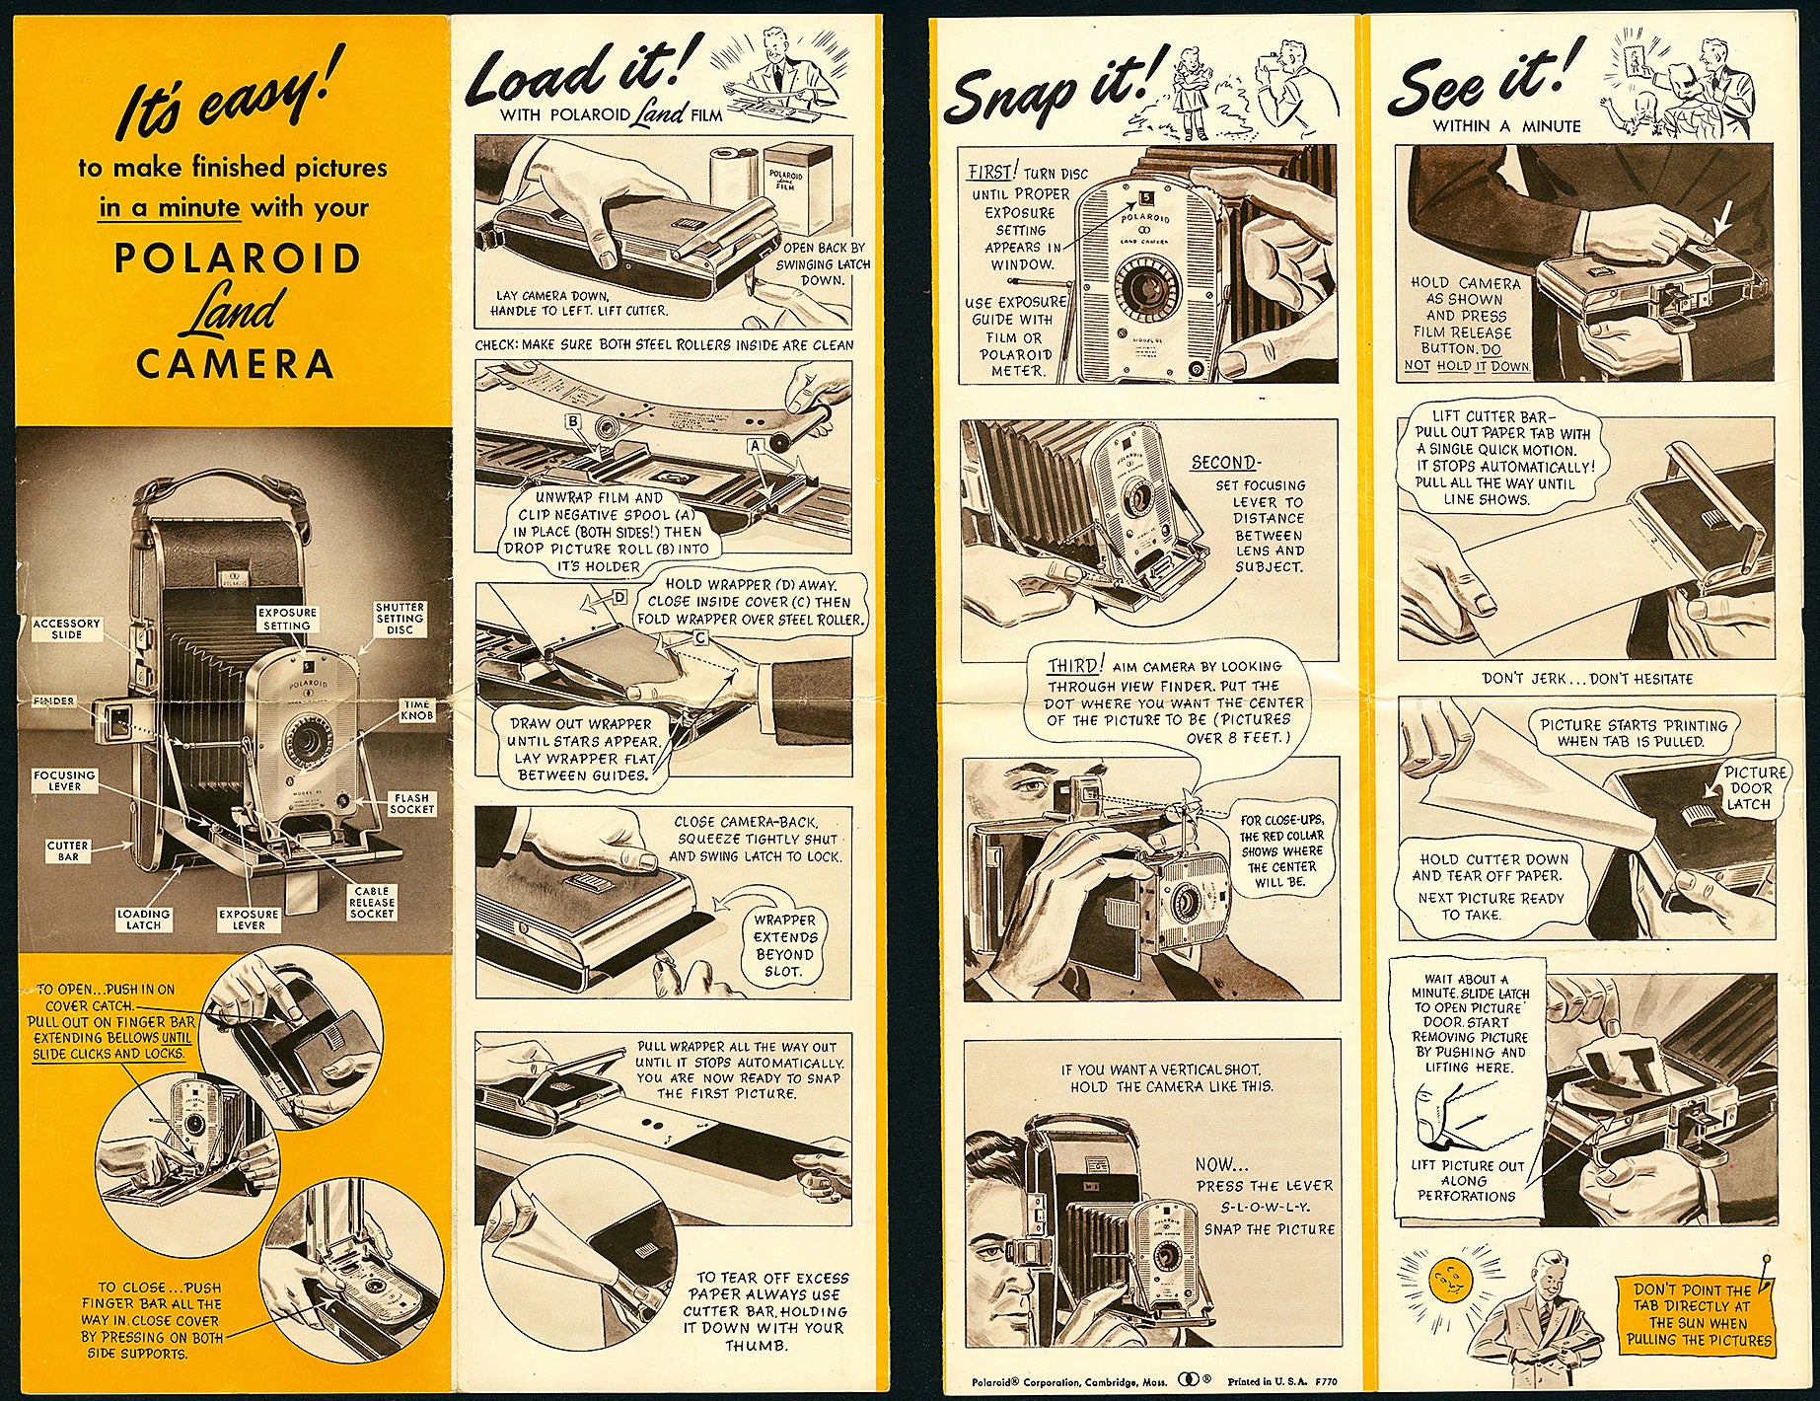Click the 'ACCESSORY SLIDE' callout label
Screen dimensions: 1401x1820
pyautogui.click(x=66, y=629)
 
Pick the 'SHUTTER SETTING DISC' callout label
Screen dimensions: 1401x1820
pyautogui.click(x=400, y=619)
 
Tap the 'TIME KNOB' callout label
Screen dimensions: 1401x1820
pyautogui.click(x=416, y=709)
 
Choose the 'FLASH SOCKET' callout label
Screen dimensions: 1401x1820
pyautogui.click(x=411, y=803)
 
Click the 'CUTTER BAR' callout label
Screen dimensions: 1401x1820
pyautogui.click(x=67, y=850)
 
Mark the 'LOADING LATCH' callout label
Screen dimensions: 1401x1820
pyautogui.click(x=143, y=920)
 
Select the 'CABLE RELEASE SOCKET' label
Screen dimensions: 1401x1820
pyautogui.click(x=372, y=902)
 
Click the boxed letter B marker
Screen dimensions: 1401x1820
pyautogui.click(x=572, y=421)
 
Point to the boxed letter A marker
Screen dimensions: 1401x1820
pyautogui.click(x=756, y=446)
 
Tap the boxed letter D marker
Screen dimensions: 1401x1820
pyautogui.click(x=619, y=597)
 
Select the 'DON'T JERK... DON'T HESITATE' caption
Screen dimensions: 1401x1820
pyautogui.click(x=1586, y=679)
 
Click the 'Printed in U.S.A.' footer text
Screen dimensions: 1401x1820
pyautogui.click(x=1261, y=1381)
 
